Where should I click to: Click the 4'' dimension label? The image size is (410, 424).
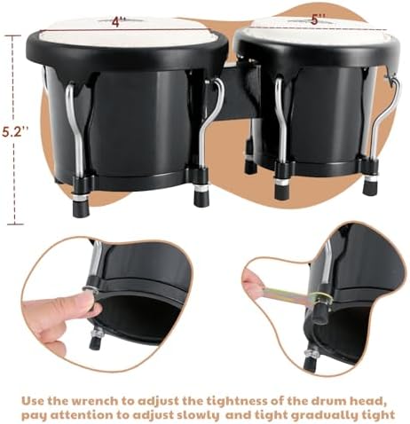(x=119, y=22)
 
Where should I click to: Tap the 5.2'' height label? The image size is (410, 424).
(x=16, y=131)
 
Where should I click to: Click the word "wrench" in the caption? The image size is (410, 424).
(x=96, y=401)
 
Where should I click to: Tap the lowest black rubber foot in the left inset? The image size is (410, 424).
(x=95, y=343)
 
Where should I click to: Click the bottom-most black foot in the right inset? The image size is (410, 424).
(x=309, y=364)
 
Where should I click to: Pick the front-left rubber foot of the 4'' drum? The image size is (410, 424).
(x=80, y=208)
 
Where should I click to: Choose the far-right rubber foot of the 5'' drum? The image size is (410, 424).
(x=370, y=187)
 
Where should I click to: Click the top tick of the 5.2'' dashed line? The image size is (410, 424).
(x=12, y=35)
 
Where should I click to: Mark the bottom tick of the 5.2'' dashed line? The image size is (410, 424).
(x=15, y=224)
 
